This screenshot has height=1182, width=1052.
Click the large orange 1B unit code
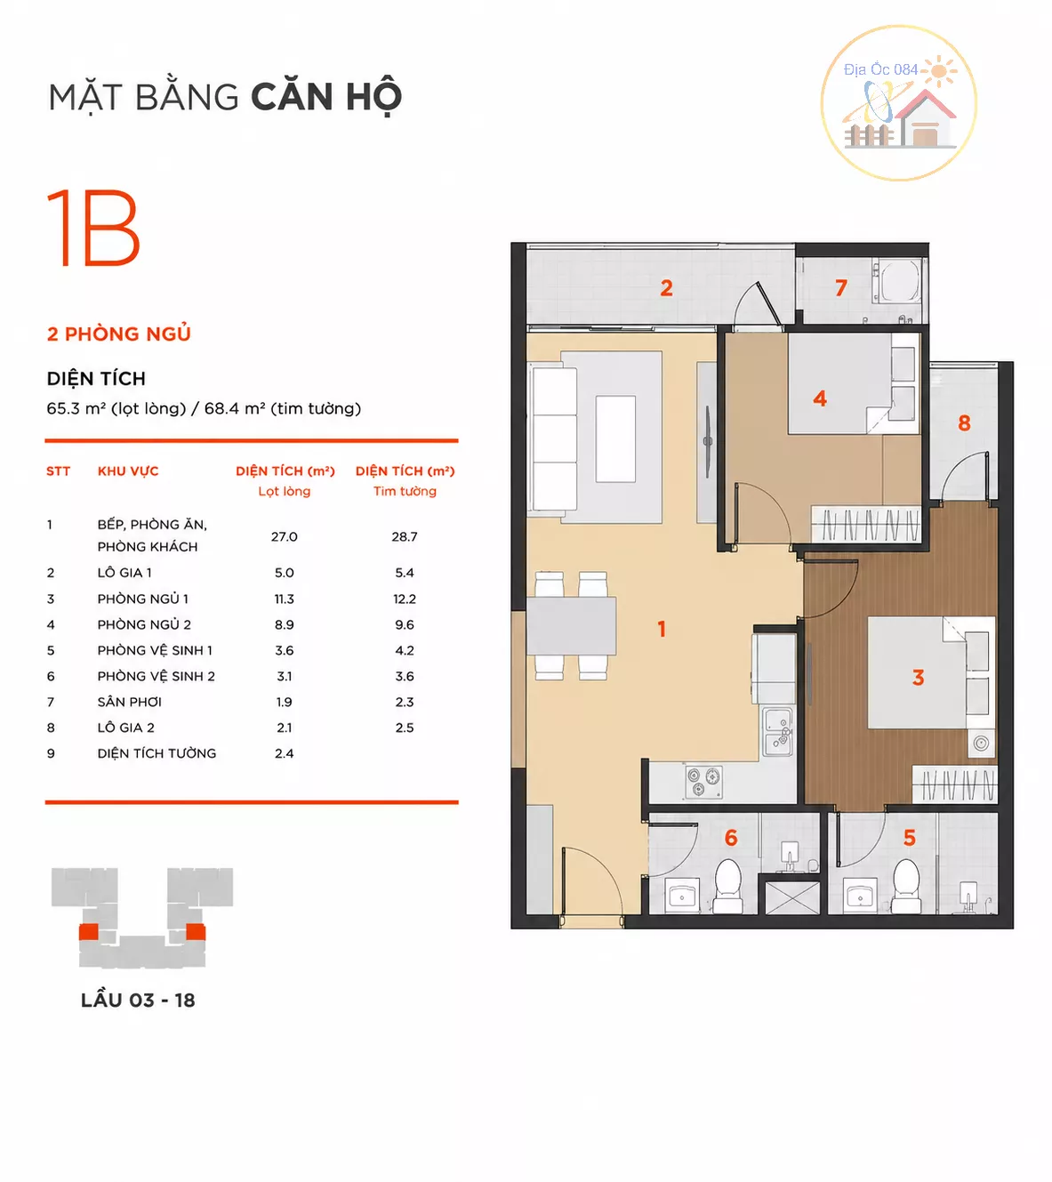click(x=93, y=227)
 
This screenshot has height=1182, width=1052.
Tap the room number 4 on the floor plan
click(x=820, y=398)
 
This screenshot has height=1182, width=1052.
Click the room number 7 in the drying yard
click(x=840, y=287)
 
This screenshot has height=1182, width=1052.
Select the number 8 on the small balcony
click(x=964, y=423)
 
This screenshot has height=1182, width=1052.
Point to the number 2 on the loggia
click(x=666, y=287)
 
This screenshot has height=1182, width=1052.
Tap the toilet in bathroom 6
click(x=728, y=886)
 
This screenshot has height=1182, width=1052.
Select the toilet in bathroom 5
click(x=906, y=886)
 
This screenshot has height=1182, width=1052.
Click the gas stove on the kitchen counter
click(x=703, y=782)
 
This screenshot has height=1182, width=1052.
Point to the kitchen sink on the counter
click(x=778, y=732)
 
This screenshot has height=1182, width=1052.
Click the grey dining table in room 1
click(x=571, y=625)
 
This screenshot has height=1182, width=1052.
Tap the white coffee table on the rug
click(x=615, y=438)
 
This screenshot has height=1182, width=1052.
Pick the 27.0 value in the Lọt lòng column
click(x=285, y=536)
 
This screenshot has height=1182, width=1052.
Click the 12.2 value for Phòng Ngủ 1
click(x=405, y=599)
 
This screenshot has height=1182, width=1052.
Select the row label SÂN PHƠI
click(x=130, y=702)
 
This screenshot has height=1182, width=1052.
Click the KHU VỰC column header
click(x=128, y=470)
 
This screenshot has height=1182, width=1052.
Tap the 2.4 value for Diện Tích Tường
click(x=285, y=753)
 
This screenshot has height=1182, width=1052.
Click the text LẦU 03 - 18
click(x=138, y=1000)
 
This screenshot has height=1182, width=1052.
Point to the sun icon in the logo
click(x=939, y=70)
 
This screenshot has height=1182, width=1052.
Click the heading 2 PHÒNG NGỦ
click(x=119, y=334)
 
